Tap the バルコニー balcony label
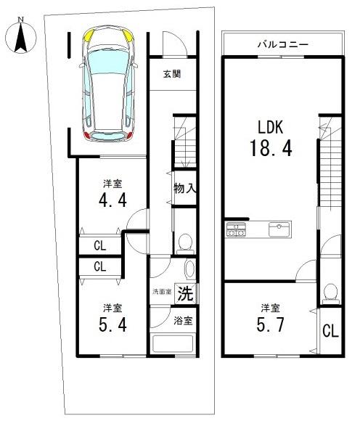pyautogui.click(x=282, y=44)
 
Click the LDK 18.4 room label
pyautogui.click(x=271, y=139)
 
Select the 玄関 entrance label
pyautogui.click(x=172, y=74)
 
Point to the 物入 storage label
pyautogui.click(x=185, y=188)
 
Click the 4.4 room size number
pyautogui.click(x=112, y=200)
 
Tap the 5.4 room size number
pyautogui.click(x=112, y=325)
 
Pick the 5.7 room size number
pyautogui.click(x=270, y=325)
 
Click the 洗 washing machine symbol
pyautogui.click(x=186, y=293)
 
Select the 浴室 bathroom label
pyautogui.click(x=183, y=321)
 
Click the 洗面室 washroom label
pyautogui.click(x=162, y=292)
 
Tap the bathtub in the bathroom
pyautogui.click(x=173, y=344)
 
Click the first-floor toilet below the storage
pyautogui.click(x=185, y=244)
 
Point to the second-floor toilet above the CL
pyautogui.click(x=330, y=294)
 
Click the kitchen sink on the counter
pyautogui.click(x=279, y=229)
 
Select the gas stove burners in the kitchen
pyautogui.click(x=236, y=229)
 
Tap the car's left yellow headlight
pyautogui.click(x=89, y=36)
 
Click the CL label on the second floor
pyautogui.click(x=330, y=331)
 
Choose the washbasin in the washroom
pyautogui.click(x=190, y=269)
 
